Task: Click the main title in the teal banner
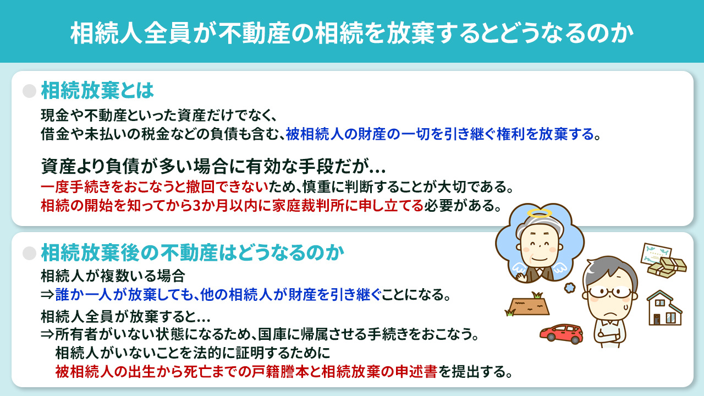pyautogui.click(x=352, y=32)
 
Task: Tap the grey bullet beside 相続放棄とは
pyautogui.click(x=29, y=91)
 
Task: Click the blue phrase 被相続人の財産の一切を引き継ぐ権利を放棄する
pyautogui.click(x=440, y=134)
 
